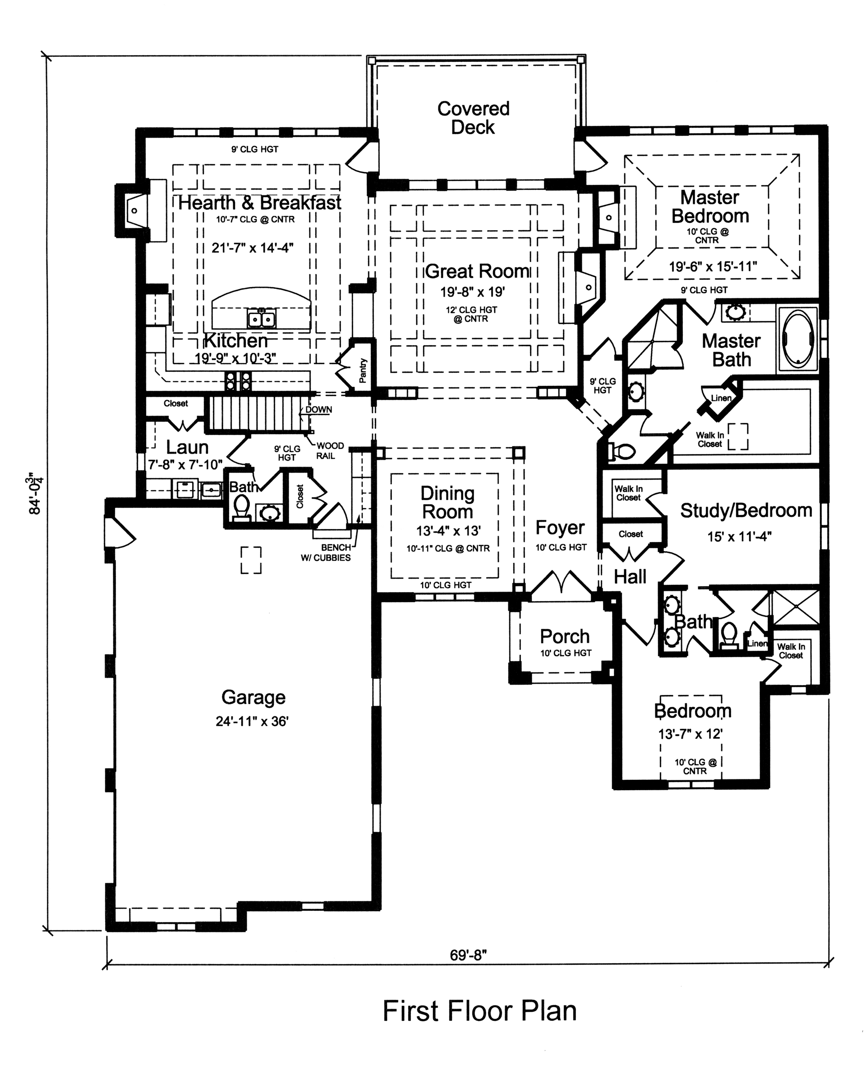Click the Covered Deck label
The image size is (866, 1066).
click(x=473, y=118)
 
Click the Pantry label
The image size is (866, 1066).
click(x=363, y=371)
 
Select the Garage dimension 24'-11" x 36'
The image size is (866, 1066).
click(x=252, y=721)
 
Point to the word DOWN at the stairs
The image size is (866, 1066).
click(x=318, y=410)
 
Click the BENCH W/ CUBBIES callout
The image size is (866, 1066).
click(x=326, y=552)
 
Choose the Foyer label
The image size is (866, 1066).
click(x=560, y=528)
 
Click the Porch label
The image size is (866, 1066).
click(x=565, y=637)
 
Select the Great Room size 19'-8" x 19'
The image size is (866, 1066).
click(x=472, y=292)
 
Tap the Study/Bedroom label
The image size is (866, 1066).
click(x=746, y=510)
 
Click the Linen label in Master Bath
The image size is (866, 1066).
click(x=721, y=398)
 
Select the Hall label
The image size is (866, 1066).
click(x=630, y=577)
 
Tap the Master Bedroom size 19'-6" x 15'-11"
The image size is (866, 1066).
click(x=713, y=266)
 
